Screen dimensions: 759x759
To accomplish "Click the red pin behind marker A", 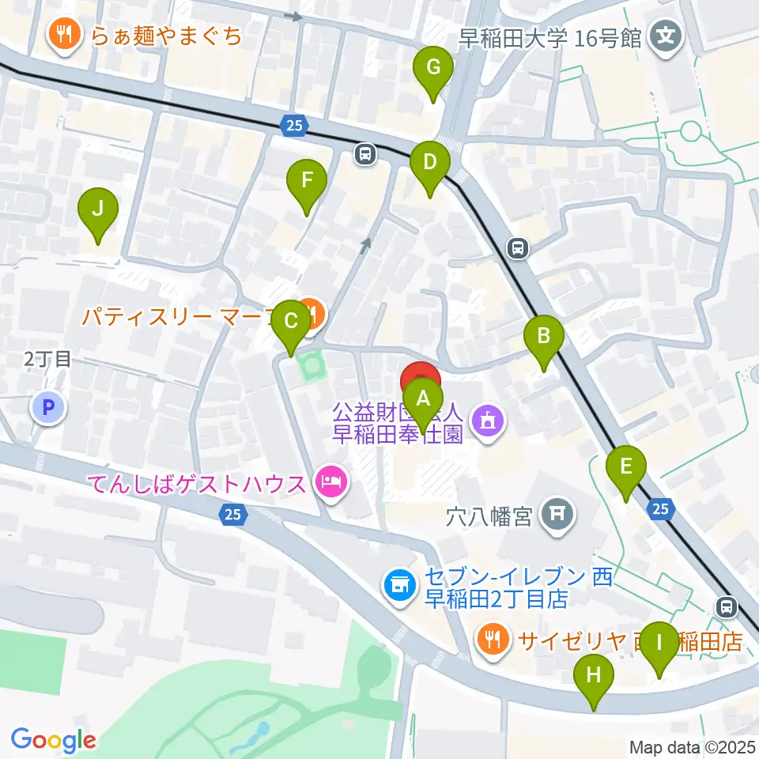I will pos(421,376).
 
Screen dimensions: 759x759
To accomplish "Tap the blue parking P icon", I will pos(48,408).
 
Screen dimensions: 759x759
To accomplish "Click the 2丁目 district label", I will pos(47,359).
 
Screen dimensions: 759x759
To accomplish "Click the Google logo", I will pos(53,740).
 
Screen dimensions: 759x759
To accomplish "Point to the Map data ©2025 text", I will pos(693,746).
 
